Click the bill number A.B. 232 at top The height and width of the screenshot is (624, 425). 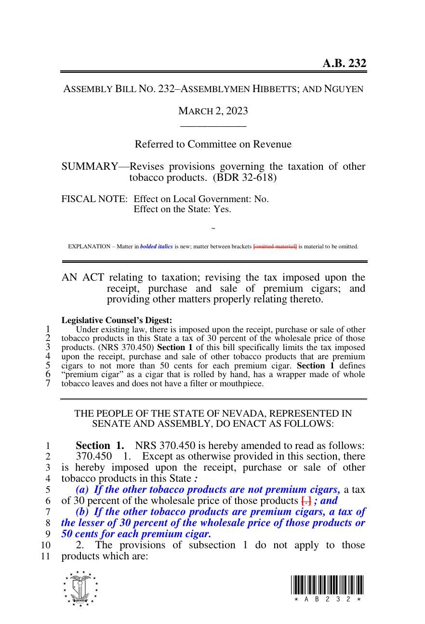coord(344,64)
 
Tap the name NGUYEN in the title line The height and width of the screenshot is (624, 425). coord(344,89)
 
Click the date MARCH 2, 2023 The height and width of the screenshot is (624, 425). coord(213,111)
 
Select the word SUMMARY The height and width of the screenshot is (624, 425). coord(90,167)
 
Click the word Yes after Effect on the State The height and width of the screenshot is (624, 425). coord(222,209)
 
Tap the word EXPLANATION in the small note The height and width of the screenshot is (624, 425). coord(89,246)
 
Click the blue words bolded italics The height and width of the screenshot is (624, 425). coord(156,246)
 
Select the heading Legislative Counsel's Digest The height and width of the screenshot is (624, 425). coord(117,320)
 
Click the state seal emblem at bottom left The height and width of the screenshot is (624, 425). coord(80,589)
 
